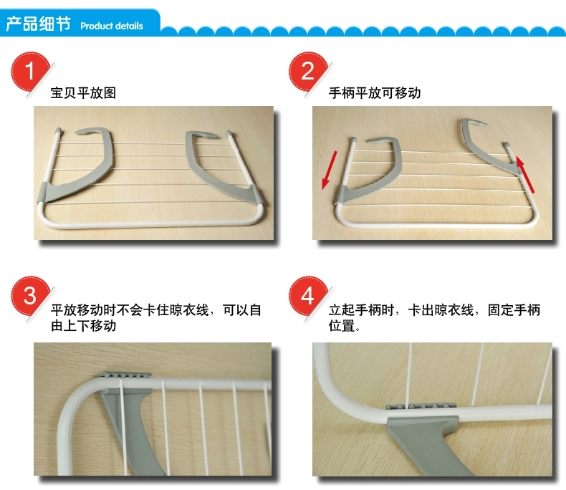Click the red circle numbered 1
[x=30, y=71]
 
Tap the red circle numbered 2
[x=307, y=71]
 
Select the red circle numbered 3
[x=30, y=296]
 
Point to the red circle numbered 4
[x=307, y=296]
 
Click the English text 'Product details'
[x=112, y=26]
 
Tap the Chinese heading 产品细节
[x=38, y=24]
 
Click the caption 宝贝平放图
[x=83, y=92]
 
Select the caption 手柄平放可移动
[x=375, y=92]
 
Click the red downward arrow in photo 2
[x=329, y=170]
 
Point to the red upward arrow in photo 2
[x=525, y=174]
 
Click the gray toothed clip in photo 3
[x=125, y=375]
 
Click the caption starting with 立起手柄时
[x=434, y=317]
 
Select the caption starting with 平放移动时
[x=156, y=317]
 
